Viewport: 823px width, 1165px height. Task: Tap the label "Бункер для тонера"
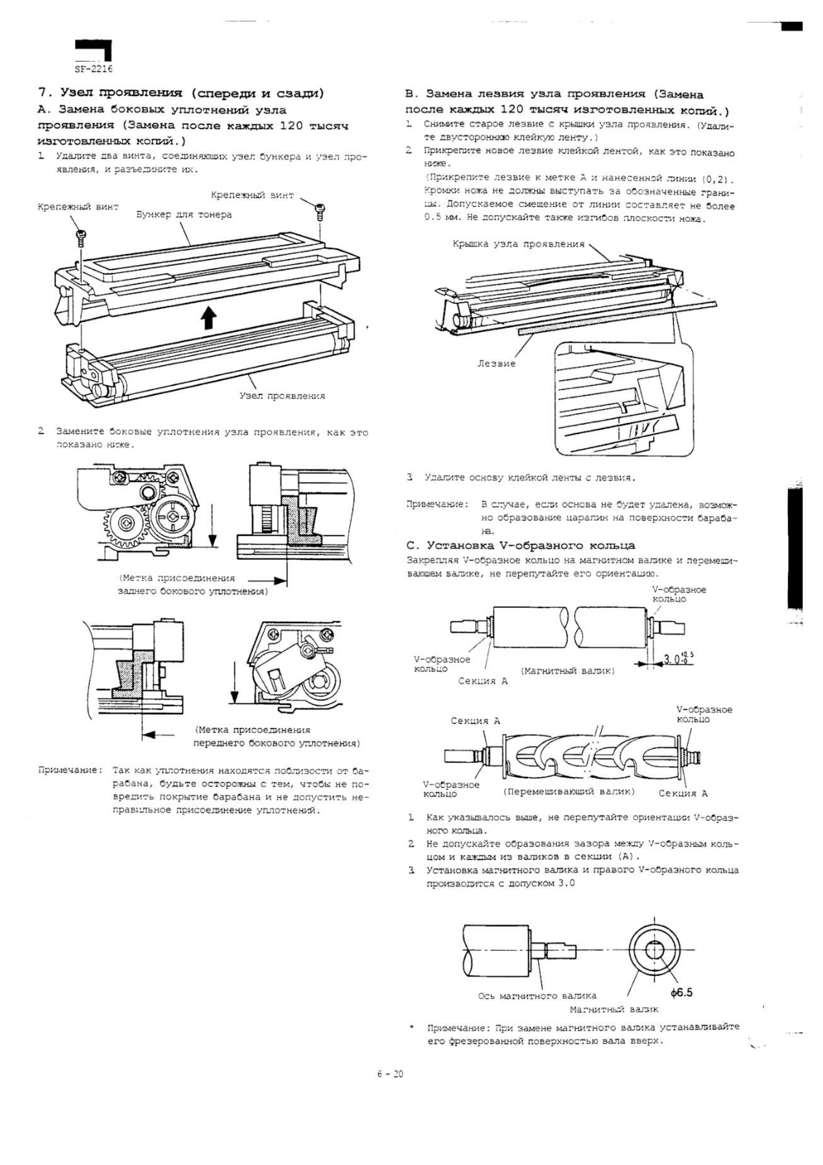pos(184,215)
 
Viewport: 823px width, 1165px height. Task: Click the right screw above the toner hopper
pos(319,210)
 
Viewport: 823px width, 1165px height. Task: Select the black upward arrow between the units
pos(209,318)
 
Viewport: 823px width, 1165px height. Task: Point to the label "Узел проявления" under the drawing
pos(282,396)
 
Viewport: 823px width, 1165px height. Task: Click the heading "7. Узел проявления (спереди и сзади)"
pos(180,92)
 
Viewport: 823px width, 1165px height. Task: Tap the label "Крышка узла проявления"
pos(518,244)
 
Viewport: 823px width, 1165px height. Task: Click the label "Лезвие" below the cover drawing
pos(496,363)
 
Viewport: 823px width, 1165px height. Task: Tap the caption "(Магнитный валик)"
pos(568,670)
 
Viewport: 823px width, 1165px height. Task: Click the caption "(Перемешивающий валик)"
pos(569,791)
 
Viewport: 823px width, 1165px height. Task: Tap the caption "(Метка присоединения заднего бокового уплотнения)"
pos(194,585)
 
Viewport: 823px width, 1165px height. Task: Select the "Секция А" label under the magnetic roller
pos(482,681)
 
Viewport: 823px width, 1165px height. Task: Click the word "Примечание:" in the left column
pos(70,770)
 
